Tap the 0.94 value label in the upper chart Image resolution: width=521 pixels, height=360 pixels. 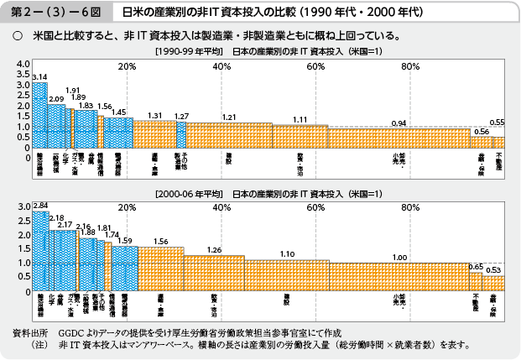[x=399, y=123]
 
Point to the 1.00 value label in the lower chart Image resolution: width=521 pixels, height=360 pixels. [x=399, y=258]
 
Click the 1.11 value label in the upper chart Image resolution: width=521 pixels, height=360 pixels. [x=300, y=119]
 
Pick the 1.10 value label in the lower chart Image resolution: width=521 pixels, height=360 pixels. [x=287, y=253]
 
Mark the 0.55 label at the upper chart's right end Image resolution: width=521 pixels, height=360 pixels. [x=497, y=123]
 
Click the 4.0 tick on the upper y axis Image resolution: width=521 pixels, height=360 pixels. [x=22, y=65]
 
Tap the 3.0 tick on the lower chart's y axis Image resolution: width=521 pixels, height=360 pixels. [x=22, y=206]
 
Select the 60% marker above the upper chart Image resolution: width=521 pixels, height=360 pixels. [x=315, y=66]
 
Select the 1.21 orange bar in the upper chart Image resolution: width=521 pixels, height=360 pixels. [x=229, y=135]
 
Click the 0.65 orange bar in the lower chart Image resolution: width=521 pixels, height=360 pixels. [x=476, y=281]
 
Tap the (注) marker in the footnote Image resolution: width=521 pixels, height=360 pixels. [x=39, y=344]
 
